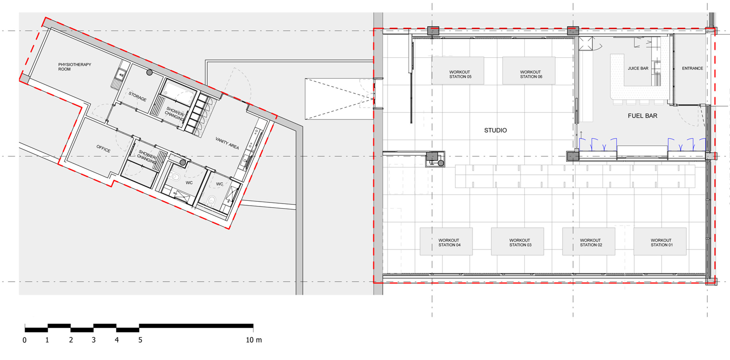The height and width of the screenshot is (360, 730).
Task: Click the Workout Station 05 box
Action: tap(458, 70)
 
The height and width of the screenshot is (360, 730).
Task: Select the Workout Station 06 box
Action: tap(529, 70)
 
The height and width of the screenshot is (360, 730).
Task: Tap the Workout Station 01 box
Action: tap(660, 241)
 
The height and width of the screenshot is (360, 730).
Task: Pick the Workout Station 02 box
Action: tap(589, 241)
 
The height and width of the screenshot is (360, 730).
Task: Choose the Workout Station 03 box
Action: tap(518, 241)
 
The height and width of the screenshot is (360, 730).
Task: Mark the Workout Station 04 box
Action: tap(446, 241)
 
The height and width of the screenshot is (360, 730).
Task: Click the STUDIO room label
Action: tap(495, 130)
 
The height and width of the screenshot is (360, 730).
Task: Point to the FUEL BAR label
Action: tap(642, 116)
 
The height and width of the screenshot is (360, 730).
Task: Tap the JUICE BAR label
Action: tap(638, 68)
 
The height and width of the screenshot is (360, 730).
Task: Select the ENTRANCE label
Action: tap(692, 68)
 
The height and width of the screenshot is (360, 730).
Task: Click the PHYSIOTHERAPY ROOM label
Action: tap(74, 67)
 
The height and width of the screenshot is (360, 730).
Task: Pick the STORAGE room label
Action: tap(137, 96)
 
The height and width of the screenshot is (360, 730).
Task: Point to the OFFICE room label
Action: tap(103, 149)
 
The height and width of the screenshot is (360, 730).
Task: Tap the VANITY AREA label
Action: tap(227, 143)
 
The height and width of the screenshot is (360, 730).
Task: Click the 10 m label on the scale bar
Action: tap(254, 340)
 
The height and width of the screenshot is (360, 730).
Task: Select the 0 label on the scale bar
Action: tap(24, 340)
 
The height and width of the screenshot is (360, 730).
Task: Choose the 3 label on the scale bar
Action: tap(93, 340)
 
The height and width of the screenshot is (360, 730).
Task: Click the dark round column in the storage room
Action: tap(149, 72)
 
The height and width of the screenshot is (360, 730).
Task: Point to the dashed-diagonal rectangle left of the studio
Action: tap(339, 99)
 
